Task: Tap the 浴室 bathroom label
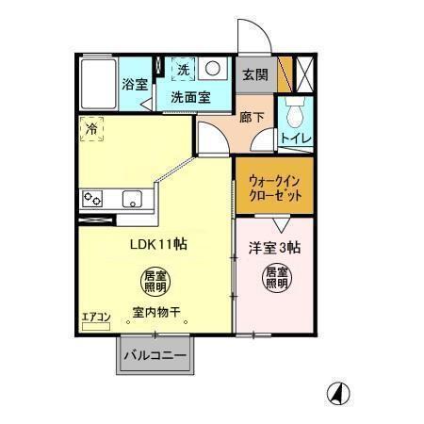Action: pyautogui.click(x=134, y=84)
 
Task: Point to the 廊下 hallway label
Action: pyautogui.click(x=251, y=118)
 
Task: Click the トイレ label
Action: pyautogui.click(x=297, y=138)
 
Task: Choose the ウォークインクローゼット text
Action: pyautogui.click(x=275, y=188)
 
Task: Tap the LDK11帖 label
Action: pyautogui.click(x=157, y=243)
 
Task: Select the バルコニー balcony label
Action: pyautogui.click(x=155, y=356)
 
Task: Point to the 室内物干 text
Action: pyautogui.click(x=156, y=312)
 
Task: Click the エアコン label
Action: pyautogui.click(x=95, y=317)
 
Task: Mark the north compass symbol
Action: pyautogui.click(x=334, y=394)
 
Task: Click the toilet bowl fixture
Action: pyautogui.click(x=296, y=114)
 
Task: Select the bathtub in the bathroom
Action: pyautogui.click(x=97, y=84)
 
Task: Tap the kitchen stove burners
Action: pyautogui.click(x=93, y=198)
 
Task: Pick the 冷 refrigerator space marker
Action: pyautogui.click(x=92, y=127)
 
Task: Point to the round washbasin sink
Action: pyautogui.click(x=213, y=69)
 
